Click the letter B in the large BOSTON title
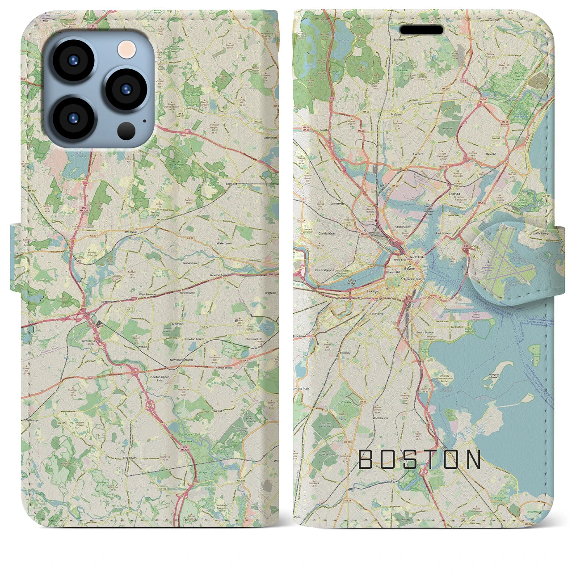pyautogui.click(x=365, y=459)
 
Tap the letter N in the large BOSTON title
pyautogui.click(x=473, y=459)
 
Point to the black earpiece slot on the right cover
pyautogui.click(x=421, y=30)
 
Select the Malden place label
pyautogui.click(x=396, y=114)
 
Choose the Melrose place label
pyautogui.click(x=399, y=40)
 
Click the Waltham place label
pyautogui.click(x=118, y=232)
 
